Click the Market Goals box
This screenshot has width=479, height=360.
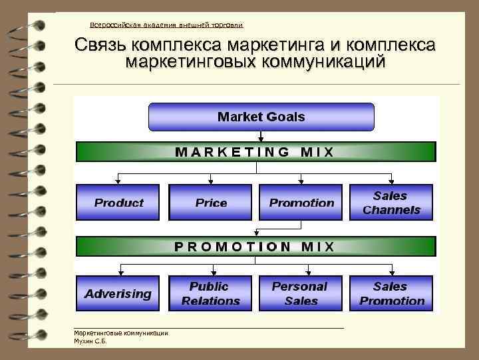point(261,117)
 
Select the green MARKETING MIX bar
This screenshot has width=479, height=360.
point(256,152)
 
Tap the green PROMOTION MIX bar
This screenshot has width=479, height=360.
point(256,246)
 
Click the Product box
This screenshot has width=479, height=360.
point(119,203)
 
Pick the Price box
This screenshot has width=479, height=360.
point(211,203)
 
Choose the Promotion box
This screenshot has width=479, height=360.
point(301,203)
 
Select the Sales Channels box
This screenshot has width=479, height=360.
point(391,203)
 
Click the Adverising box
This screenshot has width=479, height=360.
point(118,293)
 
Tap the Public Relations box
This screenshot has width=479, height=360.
point(210,293)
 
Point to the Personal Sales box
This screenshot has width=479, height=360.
point(301,293)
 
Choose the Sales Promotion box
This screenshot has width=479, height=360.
point(391,293)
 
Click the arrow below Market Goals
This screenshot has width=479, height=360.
point(261,136)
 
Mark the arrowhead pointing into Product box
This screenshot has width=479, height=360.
point(119,181)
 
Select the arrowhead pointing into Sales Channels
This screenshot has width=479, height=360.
point(391,181)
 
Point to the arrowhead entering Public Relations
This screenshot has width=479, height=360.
point(211,272)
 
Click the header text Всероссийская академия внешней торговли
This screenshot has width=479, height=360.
point(166,25)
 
